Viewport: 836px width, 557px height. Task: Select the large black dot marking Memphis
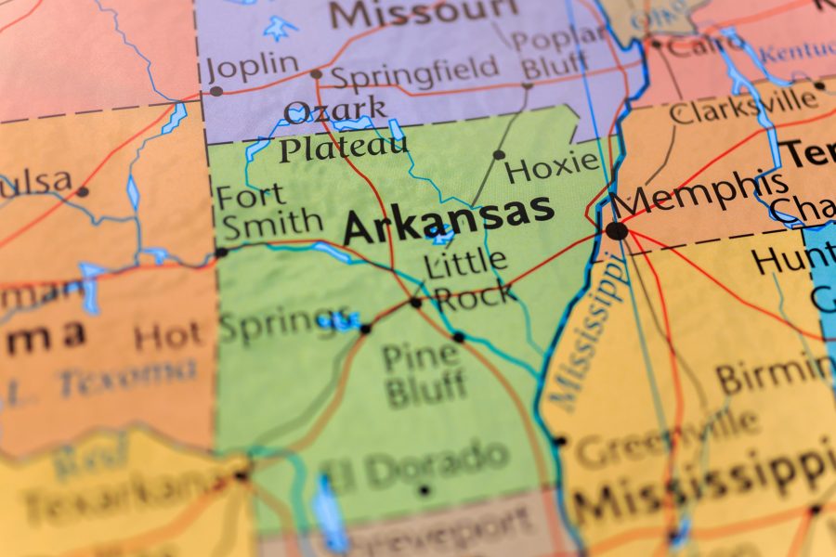[x=616, y=230]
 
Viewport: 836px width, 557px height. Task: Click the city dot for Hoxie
[x=499, y=155]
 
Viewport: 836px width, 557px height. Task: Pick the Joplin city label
[x=254, y=66]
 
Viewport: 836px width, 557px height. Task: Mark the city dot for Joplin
[x=216, y=91]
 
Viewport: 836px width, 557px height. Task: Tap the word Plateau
[x=343, y=147]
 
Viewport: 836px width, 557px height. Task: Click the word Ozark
[x=335, y=111]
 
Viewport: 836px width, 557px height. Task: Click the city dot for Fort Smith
[x=221, y=252]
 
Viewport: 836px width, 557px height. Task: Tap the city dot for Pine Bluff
[x=458, y=337]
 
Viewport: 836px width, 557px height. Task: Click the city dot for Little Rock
[x=415, y=302]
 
